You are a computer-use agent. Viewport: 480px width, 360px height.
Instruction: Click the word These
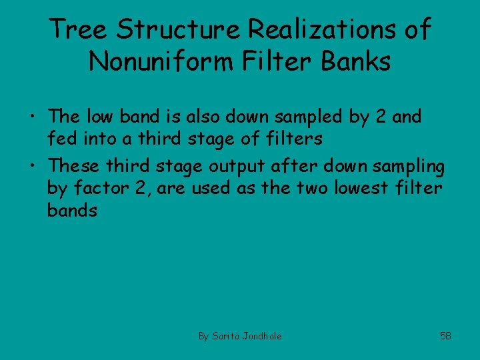coord(75,164)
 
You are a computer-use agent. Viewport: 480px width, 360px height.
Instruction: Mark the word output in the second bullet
coord(242,165)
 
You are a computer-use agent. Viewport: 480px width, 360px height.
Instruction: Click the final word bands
coord(72,211)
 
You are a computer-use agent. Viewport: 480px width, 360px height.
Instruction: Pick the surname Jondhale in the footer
coord(263,336)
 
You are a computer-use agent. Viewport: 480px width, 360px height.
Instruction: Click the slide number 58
coord(445,335)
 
